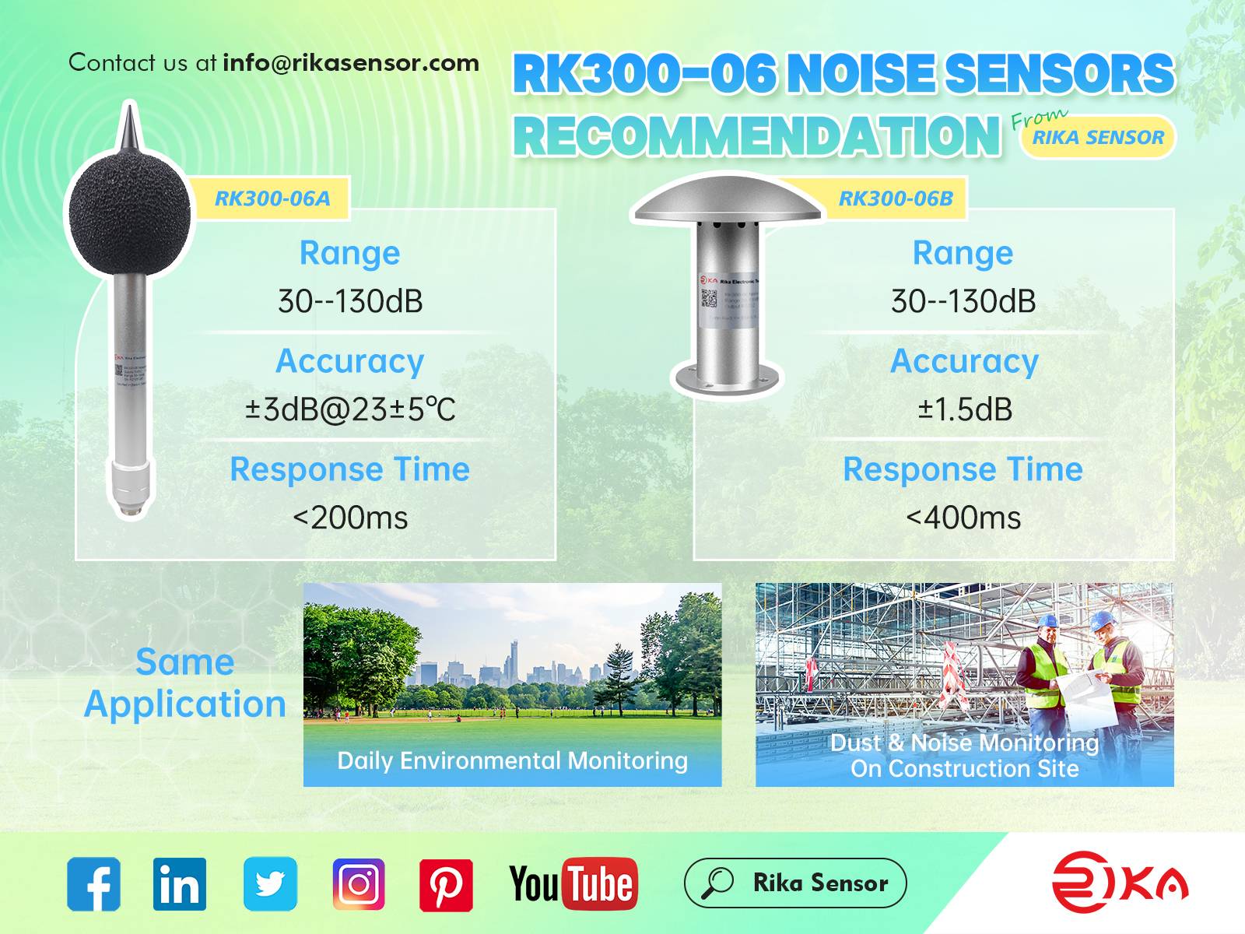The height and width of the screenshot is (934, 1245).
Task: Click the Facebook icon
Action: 93,883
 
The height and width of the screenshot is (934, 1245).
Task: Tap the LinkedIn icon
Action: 180,883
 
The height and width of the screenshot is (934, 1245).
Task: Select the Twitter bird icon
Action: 270,883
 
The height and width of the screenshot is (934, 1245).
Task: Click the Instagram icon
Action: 359,883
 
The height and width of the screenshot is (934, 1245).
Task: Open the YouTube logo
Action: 573,883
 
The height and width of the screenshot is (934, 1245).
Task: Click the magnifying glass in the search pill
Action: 717,883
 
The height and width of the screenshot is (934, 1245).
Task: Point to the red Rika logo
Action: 1120,882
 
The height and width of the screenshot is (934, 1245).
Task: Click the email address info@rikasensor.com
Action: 351,62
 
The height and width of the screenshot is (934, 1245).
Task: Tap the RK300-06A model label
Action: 272,198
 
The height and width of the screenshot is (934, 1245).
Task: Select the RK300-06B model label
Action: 896,198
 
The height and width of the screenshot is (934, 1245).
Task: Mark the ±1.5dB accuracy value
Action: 965,409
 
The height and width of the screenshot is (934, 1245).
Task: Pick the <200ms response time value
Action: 350,518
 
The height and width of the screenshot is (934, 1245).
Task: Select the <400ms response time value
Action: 963,518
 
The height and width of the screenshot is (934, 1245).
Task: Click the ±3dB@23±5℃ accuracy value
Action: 350,409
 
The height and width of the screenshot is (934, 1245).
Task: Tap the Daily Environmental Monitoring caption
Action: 512,760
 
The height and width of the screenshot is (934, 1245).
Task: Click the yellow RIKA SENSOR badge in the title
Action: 1098,138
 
